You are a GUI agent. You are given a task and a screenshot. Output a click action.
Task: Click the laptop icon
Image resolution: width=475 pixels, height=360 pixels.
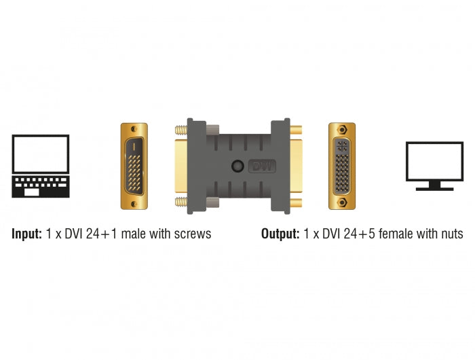(x=41, y=166)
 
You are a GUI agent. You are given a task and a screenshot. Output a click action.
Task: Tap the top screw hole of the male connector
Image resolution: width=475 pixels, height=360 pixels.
(x=138, y=128)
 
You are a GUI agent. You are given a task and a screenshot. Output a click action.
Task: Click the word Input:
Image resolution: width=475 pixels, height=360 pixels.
(x=27, y=234)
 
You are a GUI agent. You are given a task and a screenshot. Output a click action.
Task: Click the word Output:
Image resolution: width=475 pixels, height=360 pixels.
(x=280, y=234)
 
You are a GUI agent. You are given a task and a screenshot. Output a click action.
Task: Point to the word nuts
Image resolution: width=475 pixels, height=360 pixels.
(x=450, y=234)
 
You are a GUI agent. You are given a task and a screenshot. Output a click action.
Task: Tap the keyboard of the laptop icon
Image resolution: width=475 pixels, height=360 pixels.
(x=41, y=185)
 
